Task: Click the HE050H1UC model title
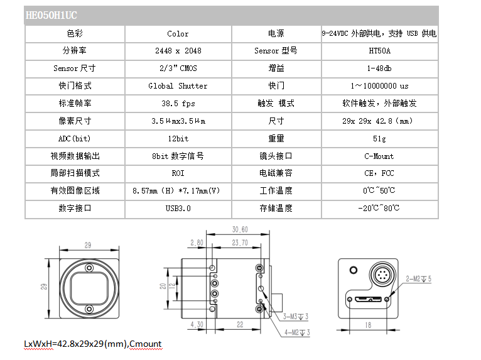pos(51,15)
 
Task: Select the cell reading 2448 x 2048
pos(178,51)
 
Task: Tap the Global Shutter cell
pos(178,86)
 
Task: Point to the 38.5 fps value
pos(178,104)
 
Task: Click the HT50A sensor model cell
pos(379,51)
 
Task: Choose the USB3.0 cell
pos(178,209)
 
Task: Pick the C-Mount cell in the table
pos(379,156)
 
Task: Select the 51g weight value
pos(379,139)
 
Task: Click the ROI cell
pos(178,173)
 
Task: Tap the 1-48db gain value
pos(379,68)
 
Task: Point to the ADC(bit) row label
pos(75,139)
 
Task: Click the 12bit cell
pos(178,139)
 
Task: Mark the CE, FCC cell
pos(379,173)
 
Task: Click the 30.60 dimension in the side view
pos(240,229)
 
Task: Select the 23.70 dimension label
pos(240,243)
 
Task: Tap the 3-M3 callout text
pos(296,317)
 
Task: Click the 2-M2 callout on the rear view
pos(419,279)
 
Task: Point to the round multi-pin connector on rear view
pos(382,274)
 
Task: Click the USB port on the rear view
pos(368,298)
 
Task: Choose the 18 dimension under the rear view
pos(368,325)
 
